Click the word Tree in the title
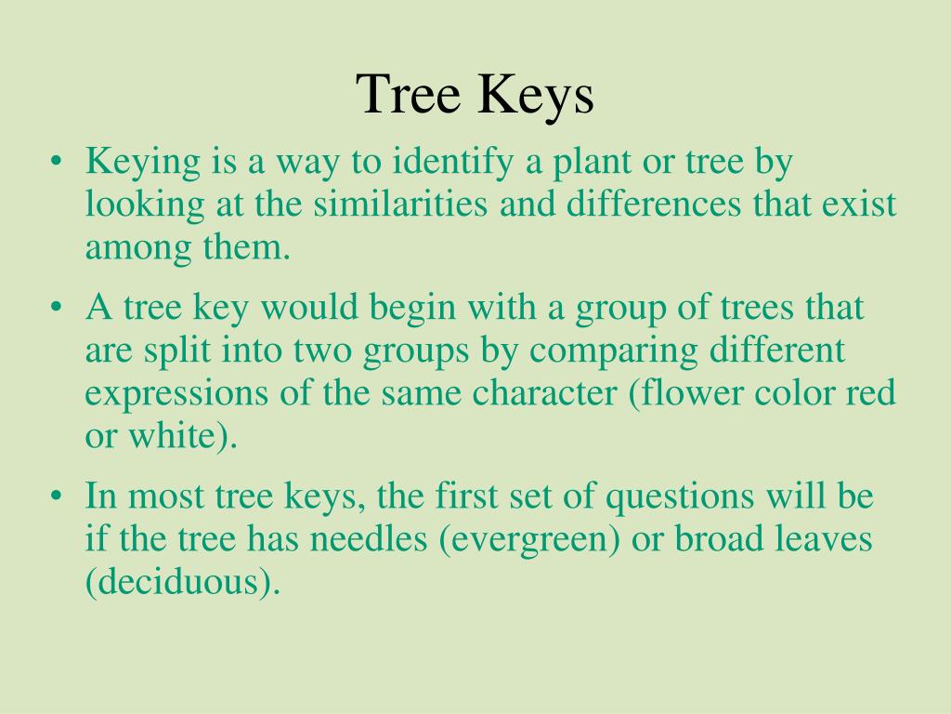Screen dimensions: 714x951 (410, 95)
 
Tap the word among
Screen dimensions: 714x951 (131, 248)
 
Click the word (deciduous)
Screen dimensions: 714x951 (182, 583)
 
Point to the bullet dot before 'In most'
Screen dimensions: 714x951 (58, 498)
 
